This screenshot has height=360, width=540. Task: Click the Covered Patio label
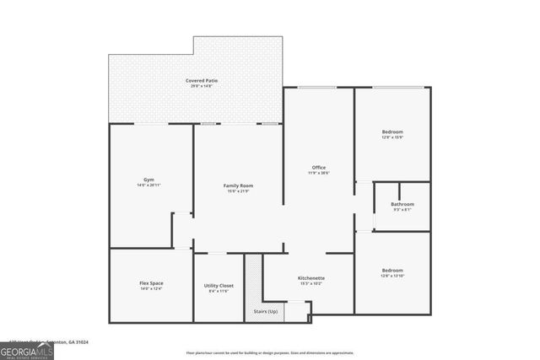click(202, 80)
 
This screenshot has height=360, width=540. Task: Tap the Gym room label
click(148, 180)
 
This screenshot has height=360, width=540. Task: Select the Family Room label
click(238, 185)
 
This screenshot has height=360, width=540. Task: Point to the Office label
click(318, 167)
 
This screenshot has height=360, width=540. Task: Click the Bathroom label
click(402, 204)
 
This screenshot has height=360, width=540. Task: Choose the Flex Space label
click(151, 282)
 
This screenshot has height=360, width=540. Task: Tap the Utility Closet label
click(219, 286)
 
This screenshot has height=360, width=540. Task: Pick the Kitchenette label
click(311, 278)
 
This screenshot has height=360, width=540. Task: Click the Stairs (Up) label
click(266, 311)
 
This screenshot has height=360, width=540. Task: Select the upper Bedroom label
click(392, 132)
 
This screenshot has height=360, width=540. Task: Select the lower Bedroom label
click(392, 270)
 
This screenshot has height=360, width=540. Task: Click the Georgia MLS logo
click(26, 350)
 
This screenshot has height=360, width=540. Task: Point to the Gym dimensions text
click(148, 185)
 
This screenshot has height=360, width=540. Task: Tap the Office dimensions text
click(318, 173)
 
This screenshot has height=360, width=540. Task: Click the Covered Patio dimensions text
click(202, 86)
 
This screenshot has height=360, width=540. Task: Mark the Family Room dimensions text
click(238, 191)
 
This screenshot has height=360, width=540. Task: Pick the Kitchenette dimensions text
click(311, 284)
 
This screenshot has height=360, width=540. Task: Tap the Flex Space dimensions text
click(151, 288)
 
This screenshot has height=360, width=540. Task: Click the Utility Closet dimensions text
click(219, 292)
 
